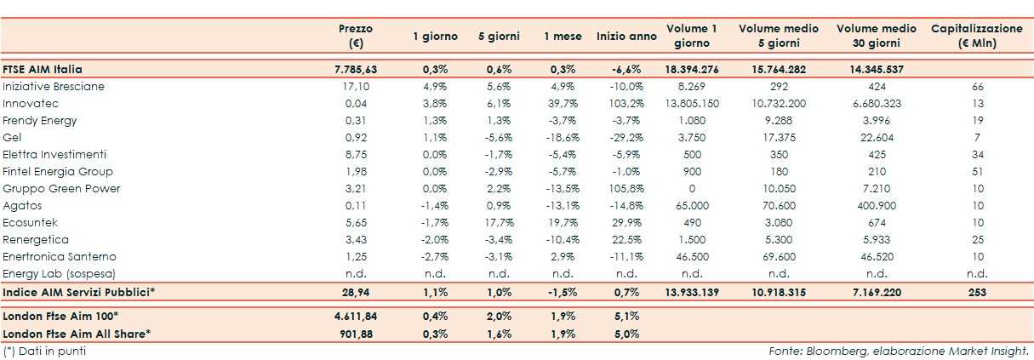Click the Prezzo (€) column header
(x=355, y=36)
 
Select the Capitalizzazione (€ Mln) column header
(x=977, y=36)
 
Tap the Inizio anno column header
(x=626, y=37)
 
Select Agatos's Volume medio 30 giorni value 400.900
(x=876, y=205)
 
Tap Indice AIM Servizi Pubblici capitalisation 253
(x=977, y=292)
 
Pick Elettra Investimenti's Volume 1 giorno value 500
(x=692, y=154)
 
